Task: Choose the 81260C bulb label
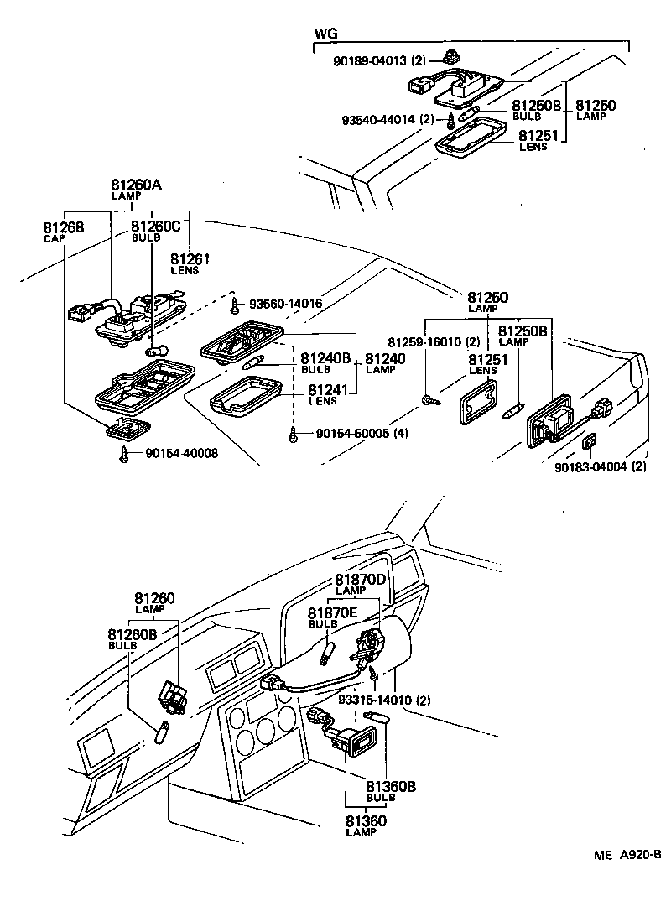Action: (x=155, y=232)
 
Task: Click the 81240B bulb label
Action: (x=325, y=362)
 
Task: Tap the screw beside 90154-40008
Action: (x=125, y=454)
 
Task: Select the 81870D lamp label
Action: (x=360, y=584)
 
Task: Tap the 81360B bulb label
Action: (x=390, y=791)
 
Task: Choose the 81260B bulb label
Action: (x=132, y=639)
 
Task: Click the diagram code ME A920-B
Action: (x=627, y=856)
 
